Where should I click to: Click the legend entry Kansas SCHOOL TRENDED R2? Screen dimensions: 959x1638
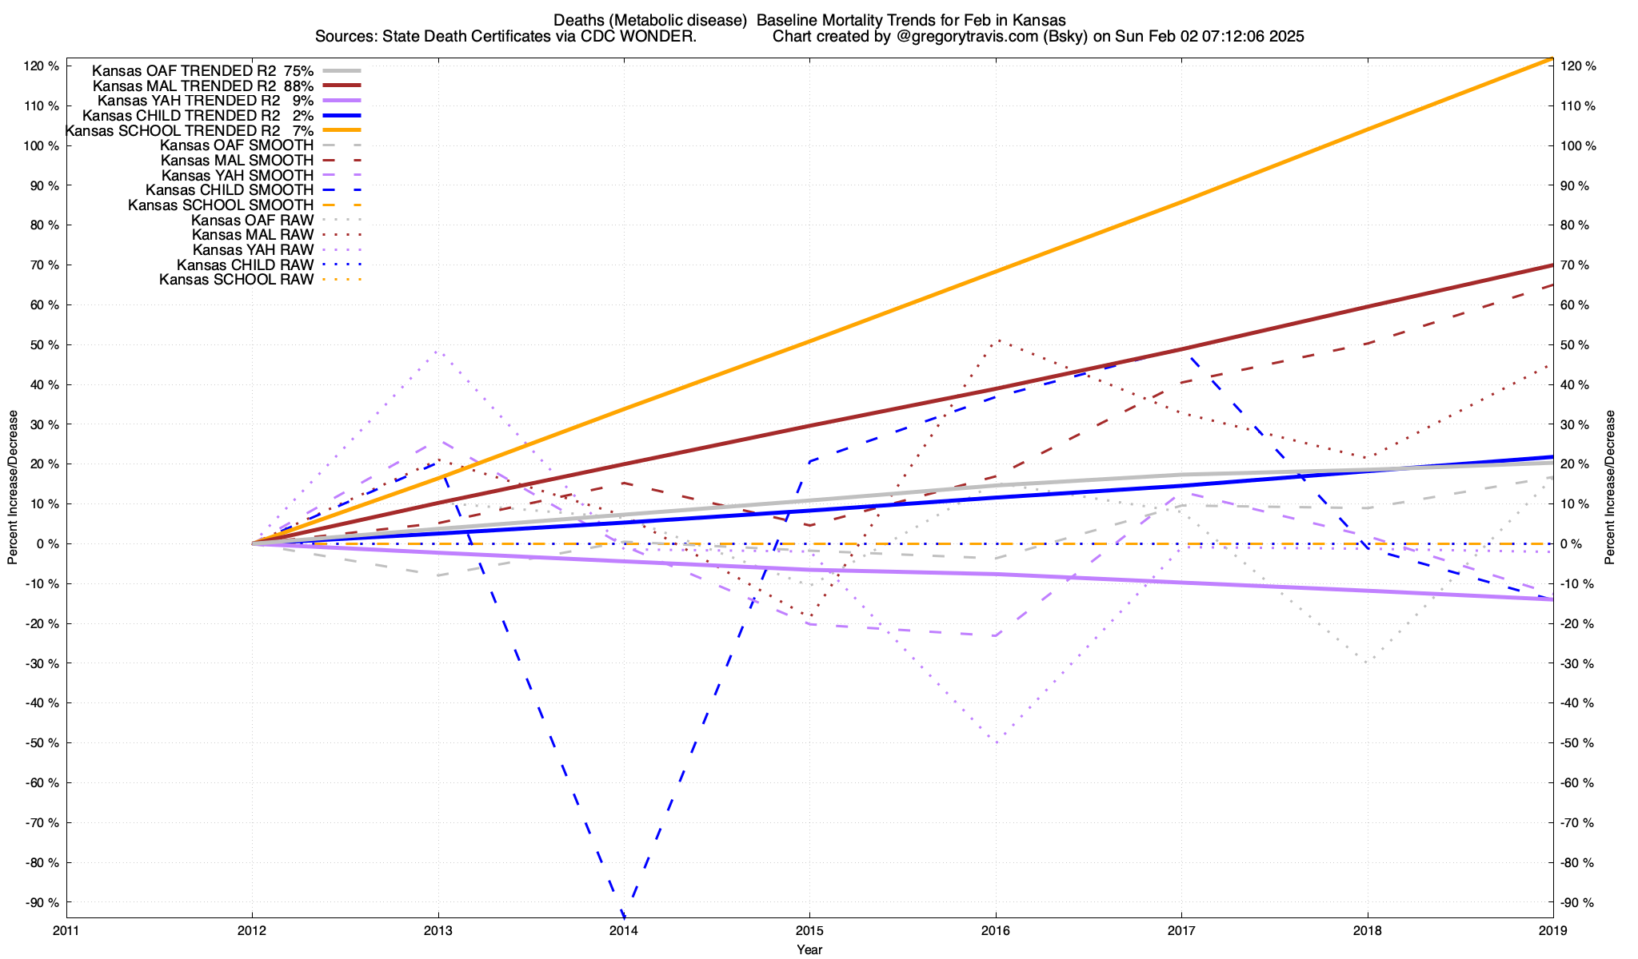click(172, 130)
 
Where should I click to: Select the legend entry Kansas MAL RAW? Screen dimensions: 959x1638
click(253, 235)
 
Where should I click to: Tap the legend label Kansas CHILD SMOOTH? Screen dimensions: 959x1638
click(230, 190)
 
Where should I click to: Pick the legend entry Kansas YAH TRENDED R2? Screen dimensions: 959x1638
click(189, 101)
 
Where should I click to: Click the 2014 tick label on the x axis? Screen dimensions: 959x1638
click(624, 930)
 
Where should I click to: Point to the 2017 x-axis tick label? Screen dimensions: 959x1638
click(1181, 930)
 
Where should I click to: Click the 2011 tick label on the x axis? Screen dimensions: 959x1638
click(66, 930)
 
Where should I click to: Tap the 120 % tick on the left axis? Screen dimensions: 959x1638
click(42, 66)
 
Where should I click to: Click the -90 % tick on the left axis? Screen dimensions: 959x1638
click(42, 902)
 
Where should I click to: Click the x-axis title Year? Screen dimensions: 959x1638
click(809, 949)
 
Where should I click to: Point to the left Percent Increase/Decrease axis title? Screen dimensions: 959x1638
click(13, 487)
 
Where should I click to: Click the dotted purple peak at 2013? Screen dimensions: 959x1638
click(438, 351)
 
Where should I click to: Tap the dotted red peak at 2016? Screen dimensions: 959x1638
click(997, 340)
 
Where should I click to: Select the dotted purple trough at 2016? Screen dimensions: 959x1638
click(997, 742)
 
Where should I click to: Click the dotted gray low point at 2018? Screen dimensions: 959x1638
click(1368, 662)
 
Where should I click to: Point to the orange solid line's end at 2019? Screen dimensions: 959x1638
click(1552, 58)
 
